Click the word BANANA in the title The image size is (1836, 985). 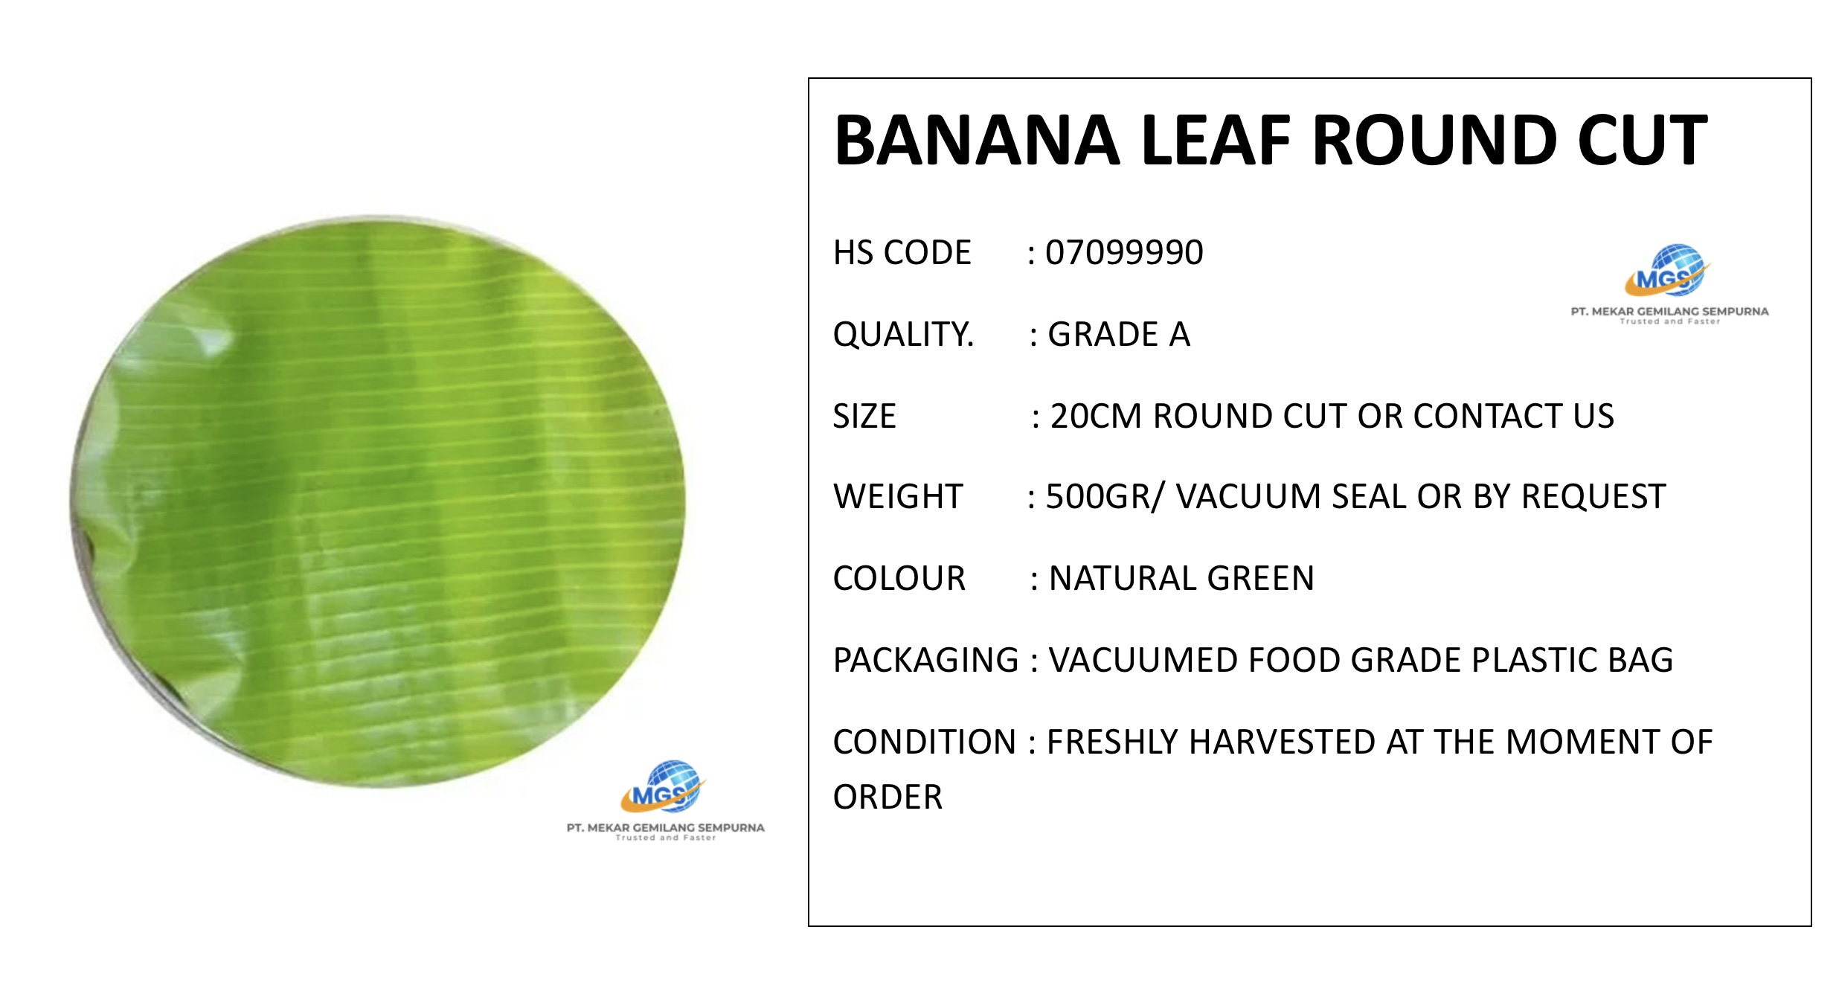(977, 141)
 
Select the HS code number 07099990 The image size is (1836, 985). (1124, 253)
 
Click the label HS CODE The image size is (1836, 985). (902, 253)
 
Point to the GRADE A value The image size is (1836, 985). (1119, 335)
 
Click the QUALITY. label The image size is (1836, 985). (903, 335)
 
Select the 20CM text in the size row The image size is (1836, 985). (1097, 416)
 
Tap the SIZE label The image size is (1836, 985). (864, 416)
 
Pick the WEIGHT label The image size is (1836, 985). (898, 497)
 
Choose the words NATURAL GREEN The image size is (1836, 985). (1181, 579)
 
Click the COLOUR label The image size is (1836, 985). (899, 579)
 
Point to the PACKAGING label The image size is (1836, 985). (925, 661)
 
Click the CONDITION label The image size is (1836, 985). (925, 742)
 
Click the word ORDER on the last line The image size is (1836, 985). (887, 798)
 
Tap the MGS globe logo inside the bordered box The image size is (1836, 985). (1667, 270)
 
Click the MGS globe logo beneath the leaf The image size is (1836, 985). (663, 786)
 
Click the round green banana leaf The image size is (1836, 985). (378, 501)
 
